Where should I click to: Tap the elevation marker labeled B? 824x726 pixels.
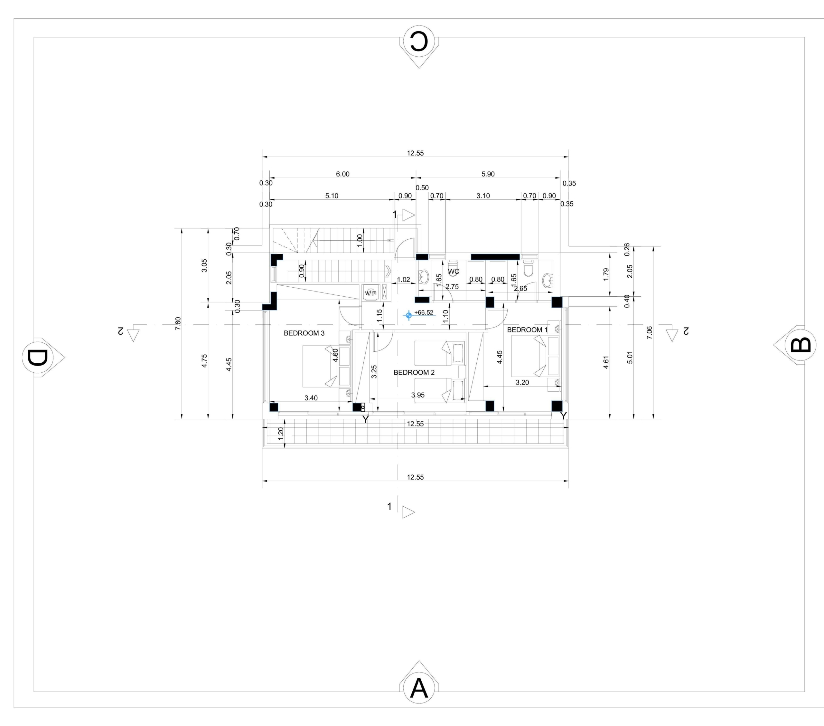[x=795, y=345]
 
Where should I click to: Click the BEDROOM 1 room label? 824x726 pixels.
[x=527, y=330]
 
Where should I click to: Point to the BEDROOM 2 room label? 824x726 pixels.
[x=414, y=372]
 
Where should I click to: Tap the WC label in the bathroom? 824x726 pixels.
[x=454, y=272]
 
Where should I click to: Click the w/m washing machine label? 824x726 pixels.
[x=370, y=292]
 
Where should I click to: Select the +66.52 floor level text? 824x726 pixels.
[x=424, y=312]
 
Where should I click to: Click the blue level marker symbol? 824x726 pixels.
[x=409, y=315]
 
